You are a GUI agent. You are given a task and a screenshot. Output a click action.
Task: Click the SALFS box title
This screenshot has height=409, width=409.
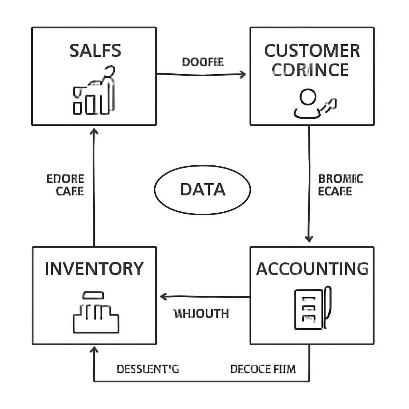click(x=95, y=51)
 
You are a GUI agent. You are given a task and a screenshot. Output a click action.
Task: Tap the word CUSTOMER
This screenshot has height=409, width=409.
click(x=312, y=52)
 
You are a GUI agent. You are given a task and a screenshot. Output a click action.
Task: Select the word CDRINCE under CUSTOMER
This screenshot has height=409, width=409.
click(x=311, y=70)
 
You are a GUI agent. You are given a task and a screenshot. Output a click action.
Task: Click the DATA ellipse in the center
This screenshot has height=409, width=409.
click(x=203, y=189)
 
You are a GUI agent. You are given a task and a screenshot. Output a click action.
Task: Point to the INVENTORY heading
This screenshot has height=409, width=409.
click(x=94, y=269)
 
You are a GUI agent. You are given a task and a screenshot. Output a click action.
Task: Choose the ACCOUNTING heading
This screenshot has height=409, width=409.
click(x=312, y=269)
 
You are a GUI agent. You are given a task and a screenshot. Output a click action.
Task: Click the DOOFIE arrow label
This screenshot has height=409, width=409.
click(x=203, y=62)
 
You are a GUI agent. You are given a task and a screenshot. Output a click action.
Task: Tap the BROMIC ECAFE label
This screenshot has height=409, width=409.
click(x=340, y=185)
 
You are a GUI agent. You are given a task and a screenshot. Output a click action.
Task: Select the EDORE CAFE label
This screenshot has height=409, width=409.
click(x=65, y=185)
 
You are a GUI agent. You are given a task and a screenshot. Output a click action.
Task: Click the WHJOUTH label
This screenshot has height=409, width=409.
click(x=201, y=314)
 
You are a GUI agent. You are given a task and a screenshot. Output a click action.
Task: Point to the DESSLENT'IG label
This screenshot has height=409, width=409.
click(x=148, y=369)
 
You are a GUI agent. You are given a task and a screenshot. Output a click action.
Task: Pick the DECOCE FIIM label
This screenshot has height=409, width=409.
click(x=263, y=369)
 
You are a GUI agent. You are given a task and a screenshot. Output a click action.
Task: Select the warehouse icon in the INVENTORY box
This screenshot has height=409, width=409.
click(x=96, y=312)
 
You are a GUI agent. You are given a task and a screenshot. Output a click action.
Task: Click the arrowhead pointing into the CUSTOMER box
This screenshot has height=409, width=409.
click(x=242, y=74)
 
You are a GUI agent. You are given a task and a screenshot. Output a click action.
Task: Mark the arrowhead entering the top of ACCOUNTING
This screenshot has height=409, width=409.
click(x=308, y=238)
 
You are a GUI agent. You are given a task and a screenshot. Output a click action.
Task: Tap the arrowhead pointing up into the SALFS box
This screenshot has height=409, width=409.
click(x=94, y=132)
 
